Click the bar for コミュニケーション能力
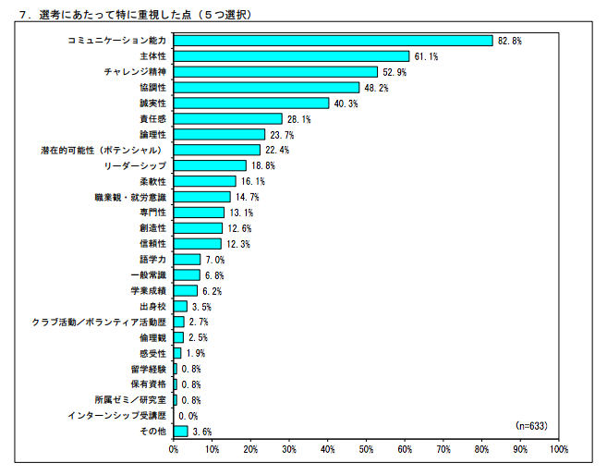(333, 41)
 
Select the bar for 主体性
(291, 56)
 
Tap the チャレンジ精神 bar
(275, 72)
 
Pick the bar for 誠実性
(251, 104)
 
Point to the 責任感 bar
(227, 119)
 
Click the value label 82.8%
(510, 41)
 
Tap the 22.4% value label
(277, 150)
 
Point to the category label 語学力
(152, 260)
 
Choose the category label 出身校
(152, 307)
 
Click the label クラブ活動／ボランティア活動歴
(100, 323)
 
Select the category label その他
(154, 432)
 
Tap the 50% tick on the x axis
(366, 450)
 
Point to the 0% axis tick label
(174, 450)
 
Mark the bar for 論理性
(219, 134)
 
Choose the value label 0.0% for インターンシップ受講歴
(188, 416)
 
